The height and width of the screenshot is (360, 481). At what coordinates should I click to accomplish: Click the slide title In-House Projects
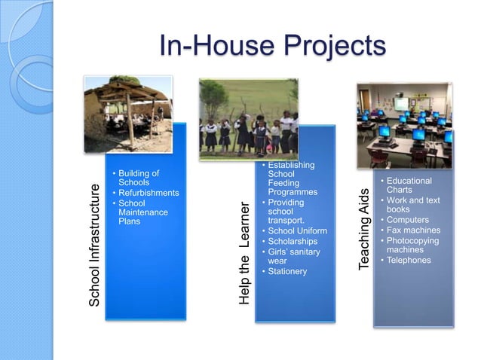(272, 47)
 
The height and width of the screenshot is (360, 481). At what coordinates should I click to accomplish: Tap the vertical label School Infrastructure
(94, 244)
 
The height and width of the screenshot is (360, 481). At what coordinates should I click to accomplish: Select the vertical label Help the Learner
(244, 253)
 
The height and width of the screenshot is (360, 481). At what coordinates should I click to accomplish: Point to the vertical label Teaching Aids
(365, 229)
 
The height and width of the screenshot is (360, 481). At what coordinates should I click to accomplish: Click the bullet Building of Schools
(139, 178)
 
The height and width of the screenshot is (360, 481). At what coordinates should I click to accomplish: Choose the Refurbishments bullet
(149, 193)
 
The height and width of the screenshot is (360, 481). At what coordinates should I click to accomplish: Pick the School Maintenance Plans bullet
(143, 212)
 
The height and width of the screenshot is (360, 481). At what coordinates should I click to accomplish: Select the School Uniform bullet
(297, 230)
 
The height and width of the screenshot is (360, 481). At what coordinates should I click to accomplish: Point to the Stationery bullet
(287, 271)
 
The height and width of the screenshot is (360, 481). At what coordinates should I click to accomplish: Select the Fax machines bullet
(413, 230)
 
